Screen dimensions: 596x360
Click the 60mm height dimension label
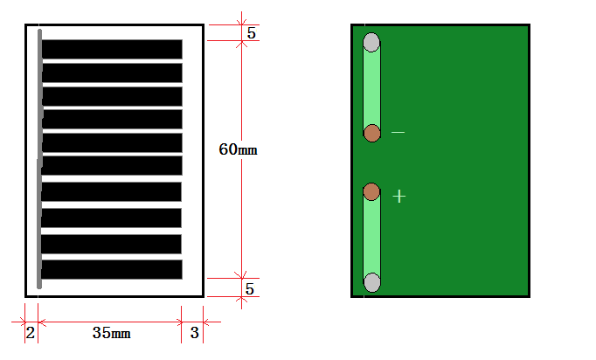pos(238,149)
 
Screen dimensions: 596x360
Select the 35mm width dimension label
pos(111,333)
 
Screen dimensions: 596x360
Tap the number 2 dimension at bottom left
pos(31,333)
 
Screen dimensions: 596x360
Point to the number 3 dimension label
pos(195,333)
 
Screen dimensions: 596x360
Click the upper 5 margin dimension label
pos(252,33)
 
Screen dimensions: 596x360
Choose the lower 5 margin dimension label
pos(250,289)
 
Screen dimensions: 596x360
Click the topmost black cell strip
pos(112,50)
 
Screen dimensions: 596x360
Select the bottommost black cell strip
pos(112,269)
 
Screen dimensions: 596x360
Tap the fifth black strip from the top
pos(112,143)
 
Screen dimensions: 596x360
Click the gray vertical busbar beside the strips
pos(39,159)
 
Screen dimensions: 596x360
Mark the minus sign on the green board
pos(398,132)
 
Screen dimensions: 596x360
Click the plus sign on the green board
pos(399,197)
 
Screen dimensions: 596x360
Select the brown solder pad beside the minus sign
pos(372,133)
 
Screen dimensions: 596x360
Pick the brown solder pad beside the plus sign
pos(371,191)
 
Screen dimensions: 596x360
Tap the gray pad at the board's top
pos(371,42)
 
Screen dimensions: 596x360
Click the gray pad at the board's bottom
pos(372,282)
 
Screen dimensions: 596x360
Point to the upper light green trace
pos(371,87)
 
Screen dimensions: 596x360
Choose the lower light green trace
pos(371,237)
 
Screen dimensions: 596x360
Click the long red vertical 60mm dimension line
pos(241,160)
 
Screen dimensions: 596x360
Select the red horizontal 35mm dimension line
pos(110,322)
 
